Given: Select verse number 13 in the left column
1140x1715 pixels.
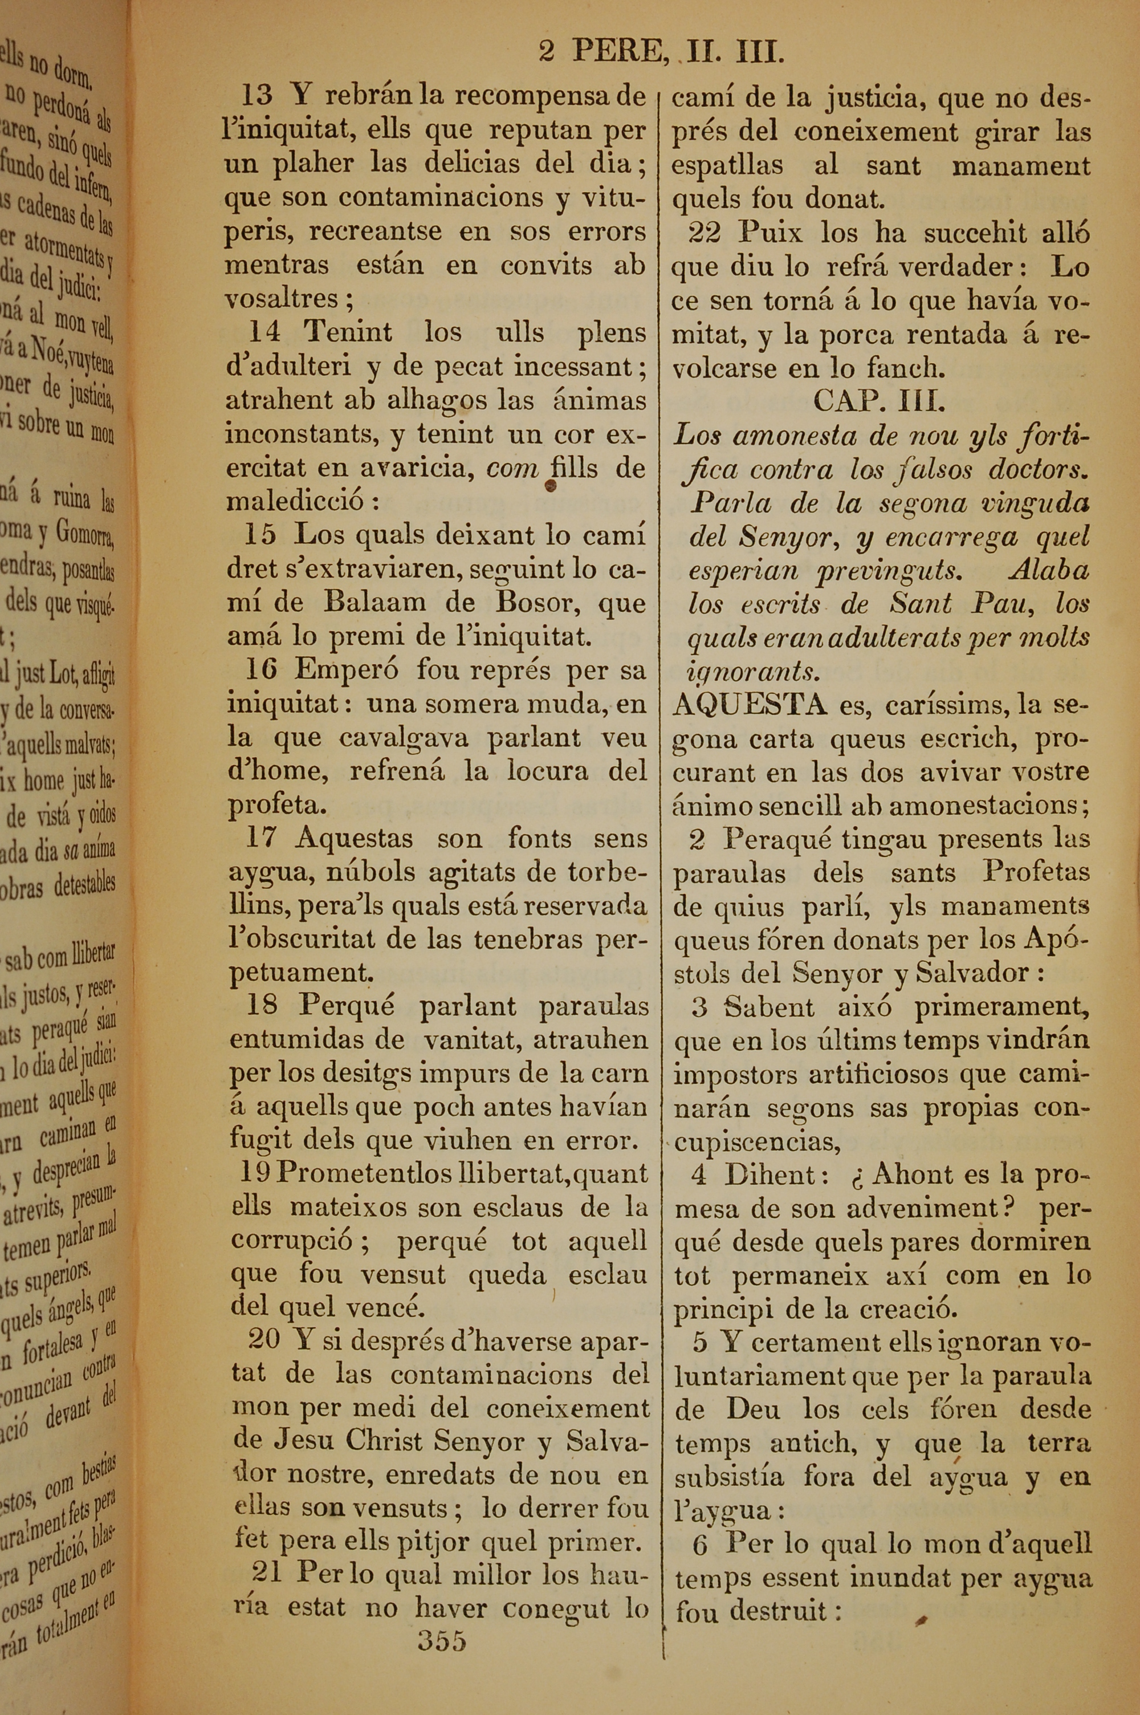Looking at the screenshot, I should pos(256,95).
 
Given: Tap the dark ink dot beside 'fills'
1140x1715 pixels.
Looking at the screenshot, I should pos(551,486).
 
